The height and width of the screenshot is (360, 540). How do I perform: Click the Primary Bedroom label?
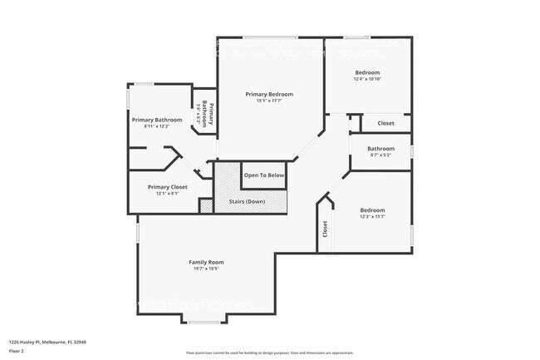[x=268, y=94]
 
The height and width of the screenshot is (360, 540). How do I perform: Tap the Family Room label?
[x=206, y=262]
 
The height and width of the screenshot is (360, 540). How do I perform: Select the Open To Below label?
[x=264, y=175]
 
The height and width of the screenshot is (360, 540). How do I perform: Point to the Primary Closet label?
[x=167, y=187]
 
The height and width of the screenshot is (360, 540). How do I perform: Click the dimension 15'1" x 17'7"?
[x=268, y=101]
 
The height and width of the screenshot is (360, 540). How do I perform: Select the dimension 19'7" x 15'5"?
[x=206, y=269]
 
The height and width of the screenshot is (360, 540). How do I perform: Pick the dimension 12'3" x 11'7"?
[x=371, y=217]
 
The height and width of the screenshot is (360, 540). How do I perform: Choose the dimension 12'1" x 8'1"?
[x=167, y=194]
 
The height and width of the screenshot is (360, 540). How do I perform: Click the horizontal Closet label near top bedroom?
[x=386, y=123]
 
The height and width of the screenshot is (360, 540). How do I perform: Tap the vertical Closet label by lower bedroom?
[x=325, y=229]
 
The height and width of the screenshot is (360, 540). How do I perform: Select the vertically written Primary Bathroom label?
[x=210, y=115]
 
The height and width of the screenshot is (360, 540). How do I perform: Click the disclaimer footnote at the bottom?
[x=269, y=353]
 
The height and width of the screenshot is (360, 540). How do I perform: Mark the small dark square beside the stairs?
[x=206, y=205]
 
